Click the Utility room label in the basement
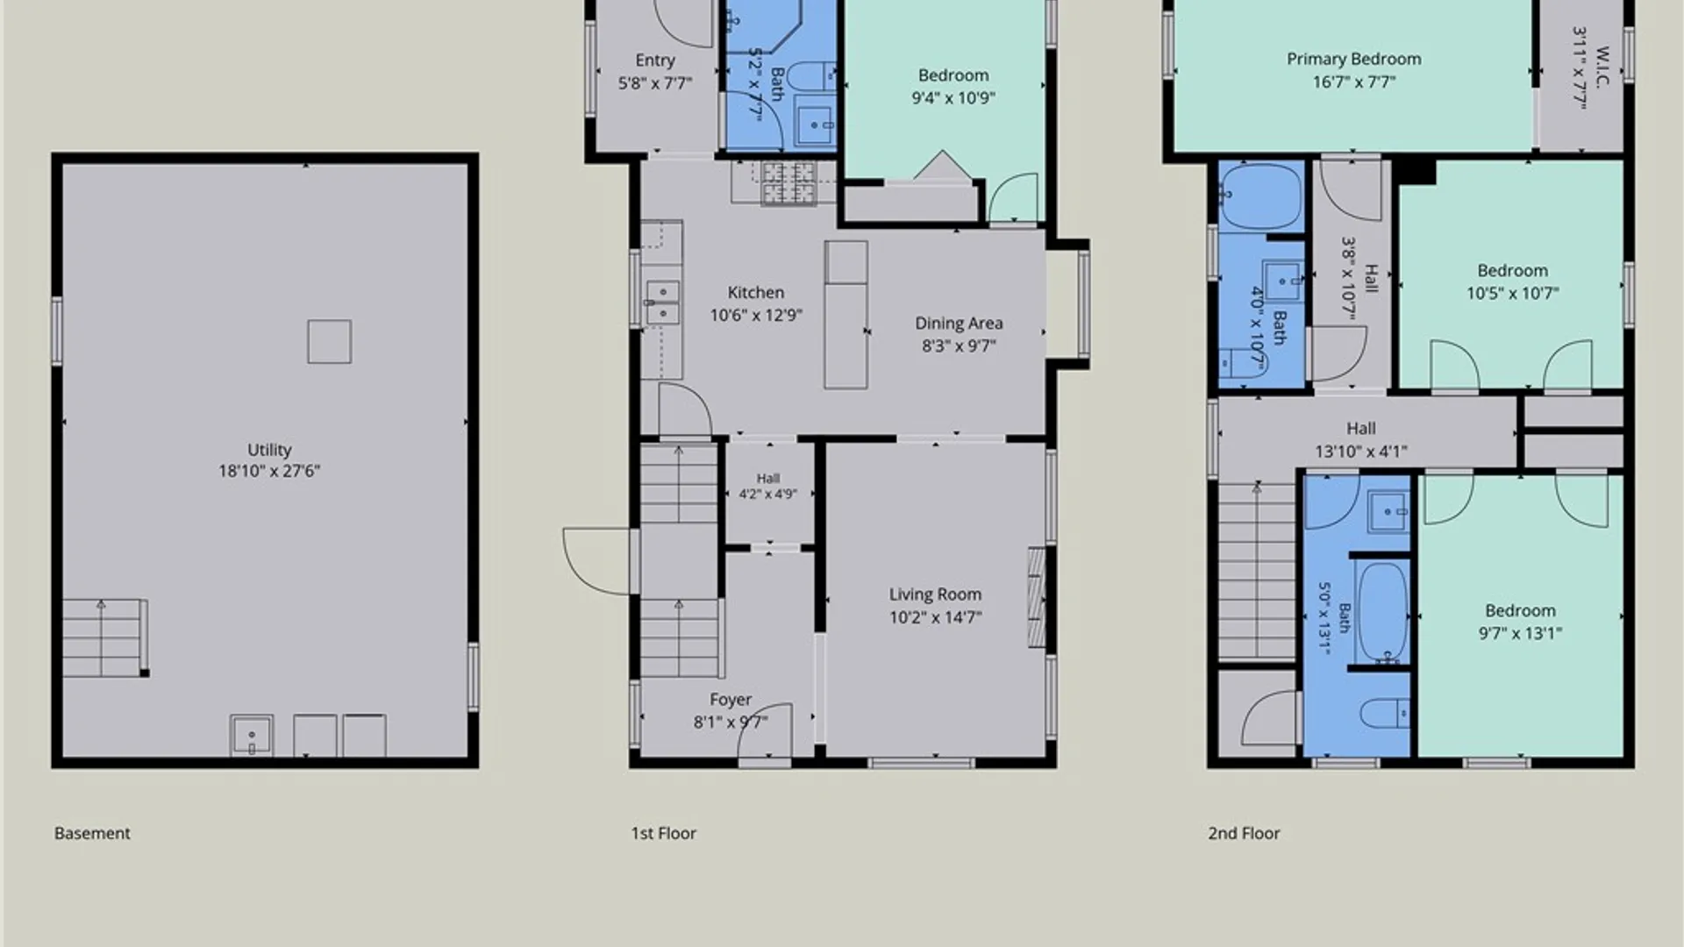tap(269, 450)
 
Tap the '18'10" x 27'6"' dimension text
tap(269, 472)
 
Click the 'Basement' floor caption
tap(92, 833)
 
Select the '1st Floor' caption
tap(664, 833)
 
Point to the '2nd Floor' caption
tap(1244, 833)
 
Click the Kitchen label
tap(756, 293)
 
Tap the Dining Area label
tap(959, 324)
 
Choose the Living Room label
tap(935, 595)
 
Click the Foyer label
tap(731, 700)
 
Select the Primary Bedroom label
tap(1354, 60)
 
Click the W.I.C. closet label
tap(1602, 68)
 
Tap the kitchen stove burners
tap(788, 183)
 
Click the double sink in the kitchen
tap(662, 303)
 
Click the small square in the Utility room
tap(330, 341)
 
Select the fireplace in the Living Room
tap(1037, 598)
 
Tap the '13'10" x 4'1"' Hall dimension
tap(1361, 452)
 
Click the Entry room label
tap(655, 61)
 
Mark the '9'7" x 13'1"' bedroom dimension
tap(1520, 633)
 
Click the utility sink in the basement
tap(252, 736)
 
